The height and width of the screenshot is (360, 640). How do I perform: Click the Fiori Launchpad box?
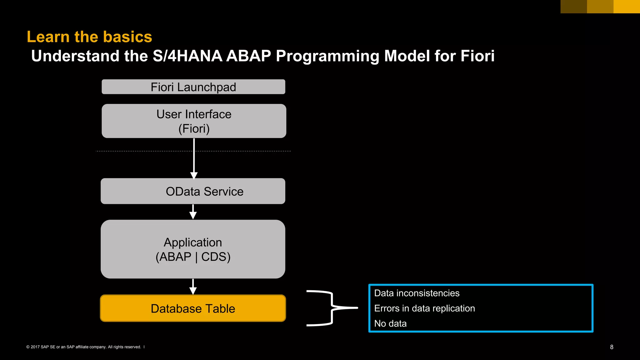193,87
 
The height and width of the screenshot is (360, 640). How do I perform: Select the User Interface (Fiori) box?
194,121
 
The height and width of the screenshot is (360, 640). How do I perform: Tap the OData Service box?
193,191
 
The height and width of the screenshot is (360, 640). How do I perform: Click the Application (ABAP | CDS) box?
193,249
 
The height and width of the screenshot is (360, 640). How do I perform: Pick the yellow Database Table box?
193,308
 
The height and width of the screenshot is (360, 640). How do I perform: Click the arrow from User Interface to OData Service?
194,159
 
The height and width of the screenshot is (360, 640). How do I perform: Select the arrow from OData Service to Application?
193,212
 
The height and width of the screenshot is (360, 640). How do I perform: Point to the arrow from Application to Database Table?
193,287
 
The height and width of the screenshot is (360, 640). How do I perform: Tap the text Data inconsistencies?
417,293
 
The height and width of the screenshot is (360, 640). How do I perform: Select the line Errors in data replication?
424,308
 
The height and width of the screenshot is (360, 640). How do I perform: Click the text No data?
390,323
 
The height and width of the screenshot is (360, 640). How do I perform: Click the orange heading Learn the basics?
89,37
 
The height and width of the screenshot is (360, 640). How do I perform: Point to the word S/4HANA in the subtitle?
187,56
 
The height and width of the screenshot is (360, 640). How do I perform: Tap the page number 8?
612,347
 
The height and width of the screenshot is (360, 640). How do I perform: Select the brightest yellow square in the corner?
627,6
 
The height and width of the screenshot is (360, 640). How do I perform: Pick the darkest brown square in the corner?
573,6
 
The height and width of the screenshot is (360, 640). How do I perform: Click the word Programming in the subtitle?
327,56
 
